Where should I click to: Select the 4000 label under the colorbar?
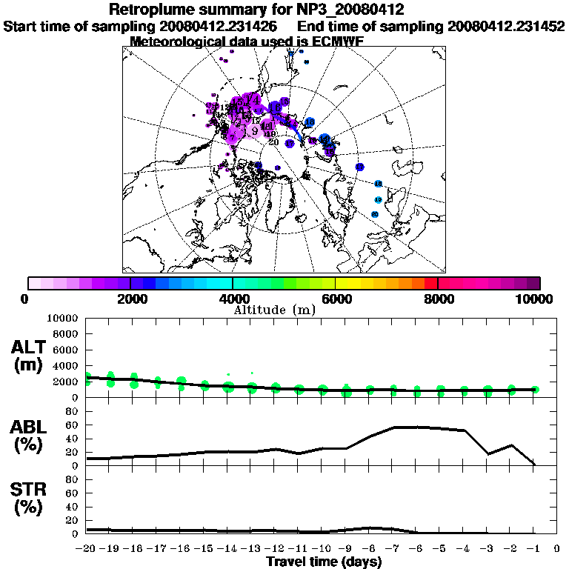(232, 299)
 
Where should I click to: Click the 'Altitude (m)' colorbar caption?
(275, 309)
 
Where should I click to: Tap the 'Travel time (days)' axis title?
(324, 562)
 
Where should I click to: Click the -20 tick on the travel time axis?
(87, 549)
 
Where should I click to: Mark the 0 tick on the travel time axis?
(557, 549)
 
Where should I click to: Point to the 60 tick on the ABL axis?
(73, 425)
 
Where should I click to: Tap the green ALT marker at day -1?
(534, 390)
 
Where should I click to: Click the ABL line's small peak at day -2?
(511, 445)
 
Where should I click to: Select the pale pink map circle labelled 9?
(255, 131)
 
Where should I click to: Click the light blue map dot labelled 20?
(375, 214)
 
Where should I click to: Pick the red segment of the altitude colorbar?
(431, 283)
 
